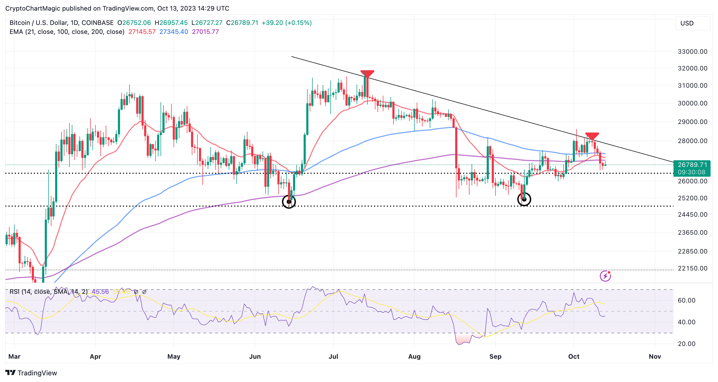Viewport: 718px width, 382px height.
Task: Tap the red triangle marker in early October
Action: [592, 136]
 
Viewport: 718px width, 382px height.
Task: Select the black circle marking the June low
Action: [289, 201]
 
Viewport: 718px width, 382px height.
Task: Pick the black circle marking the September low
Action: [524, 199]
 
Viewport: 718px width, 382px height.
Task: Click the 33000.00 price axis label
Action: [692, 52]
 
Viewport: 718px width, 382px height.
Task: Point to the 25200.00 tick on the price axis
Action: [692, 198]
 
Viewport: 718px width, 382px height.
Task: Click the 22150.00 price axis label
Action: [692, 268]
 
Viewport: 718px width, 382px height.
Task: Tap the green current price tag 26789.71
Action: [692, 165]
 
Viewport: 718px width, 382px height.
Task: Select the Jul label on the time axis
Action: [333, 356]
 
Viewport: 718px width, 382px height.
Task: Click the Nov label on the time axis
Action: [655, 356]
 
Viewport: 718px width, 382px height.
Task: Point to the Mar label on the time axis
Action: [14, 356]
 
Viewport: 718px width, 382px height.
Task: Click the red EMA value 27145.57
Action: [142, 32]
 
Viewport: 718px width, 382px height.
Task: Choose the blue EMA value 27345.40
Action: [174, 32]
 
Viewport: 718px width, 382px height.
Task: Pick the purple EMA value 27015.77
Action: [205, 32]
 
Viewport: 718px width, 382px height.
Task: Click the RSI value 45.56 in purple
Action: [100, 292]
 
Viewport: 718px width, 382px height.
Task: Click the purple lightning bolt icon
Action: [605, 276]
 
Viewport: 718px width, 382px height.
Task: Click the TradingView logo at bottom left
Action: [31, 373]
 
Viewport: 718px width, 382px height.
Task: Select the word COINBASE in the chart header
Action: [97, 23]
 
